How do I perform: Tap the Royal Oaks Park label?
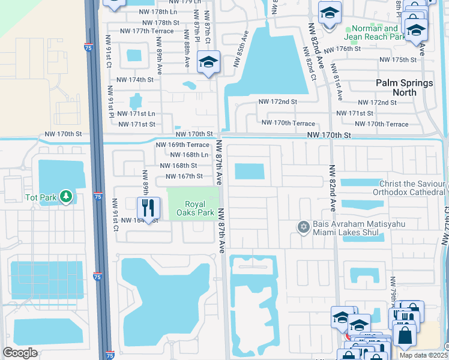click(x=200, y=209)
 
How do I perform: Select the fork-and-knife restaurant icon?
click(x=148, y=209)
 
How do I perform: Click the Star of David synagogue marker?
click(x=304, y=227)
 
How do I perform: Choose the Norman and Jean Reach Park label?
click(x=375, y=33)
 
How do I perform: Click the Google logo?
click(x=20, y=353)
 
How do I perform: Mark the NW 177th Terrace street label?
click(x=146, y=31)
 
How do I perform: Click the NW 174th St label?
click(x=135, y=80)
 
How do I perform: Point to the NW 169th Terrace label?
click(x=182, y=145)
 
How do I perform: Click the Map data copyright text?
click(x=423, y=355)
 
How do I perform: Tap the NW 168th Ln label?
click(x=189, y=155)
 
